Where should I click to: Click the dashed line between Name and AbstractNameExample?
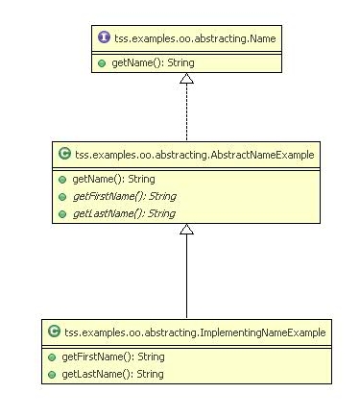pos(186,115)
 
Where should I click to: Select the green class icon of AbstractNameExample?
pos(62,153)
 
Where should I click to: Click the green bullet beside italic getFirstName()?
pos(61,195)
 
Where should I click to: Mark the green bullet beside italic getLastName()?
pos(61,212)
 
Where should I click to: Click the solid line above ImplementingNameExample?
pos(186,279)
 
